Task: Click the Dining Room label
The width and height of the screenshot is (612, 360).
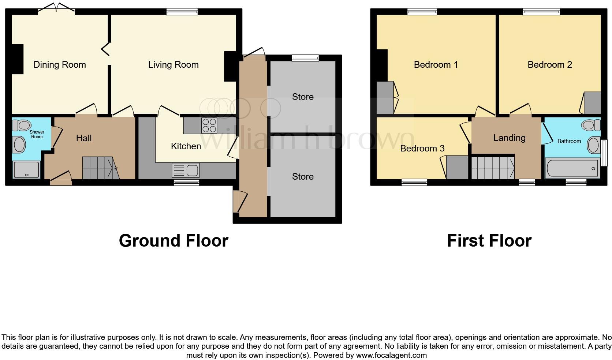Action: (60, 65)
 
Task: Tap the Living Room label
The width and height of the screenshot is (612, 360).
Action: (173, 65)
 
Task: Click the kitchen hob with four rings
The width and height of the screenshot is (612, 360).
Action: (209, 125)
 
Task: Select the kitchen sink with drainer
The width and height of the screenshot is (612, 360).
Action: (186, 170)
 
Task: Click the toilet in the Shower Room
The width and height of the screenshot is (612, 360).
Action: (22, 125)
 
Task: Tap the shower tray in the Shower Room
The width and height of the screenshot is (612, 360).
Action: (26, 170)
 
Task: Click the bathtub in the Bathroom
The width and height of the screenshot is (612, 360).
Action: (572, 168)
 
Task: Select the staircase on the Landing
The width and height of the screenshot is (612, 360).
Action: (493, 168)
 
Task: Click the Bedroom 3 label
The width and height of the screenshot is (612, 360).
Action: (422, 148)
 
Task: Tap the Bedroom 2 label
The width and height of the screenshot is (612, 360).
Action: (549, 65)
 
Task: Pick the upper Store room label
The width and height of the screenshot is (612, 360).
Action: (303, 97)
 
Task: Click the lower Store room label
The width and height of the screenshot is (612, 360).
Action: (303, 176)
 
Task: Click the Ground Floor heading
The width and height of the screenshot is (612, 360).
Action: (173, 241)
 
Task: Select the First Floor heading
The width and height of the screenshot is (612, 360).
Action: (489, 241)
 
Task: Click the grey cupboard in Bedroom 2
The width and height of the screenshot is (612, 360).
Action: (592, 103)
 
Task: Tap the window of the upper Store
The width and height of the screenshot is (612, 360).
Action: (305, 58)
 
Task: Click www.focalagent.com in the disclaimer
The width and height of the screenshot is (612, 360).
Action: (391, 355)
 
